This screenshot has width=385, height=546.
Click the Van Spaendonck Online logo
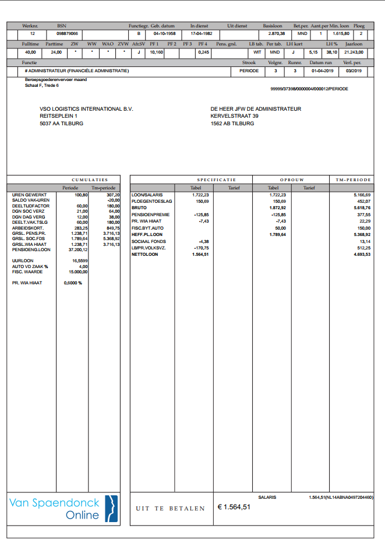pos(63,509)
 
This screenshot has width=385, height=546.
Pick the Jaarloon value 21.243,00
pos(354,52)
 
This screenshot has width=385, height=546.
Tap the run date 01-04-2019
pos(321,71)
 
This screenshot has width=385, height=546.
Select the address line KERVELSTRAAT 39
pos(235,116)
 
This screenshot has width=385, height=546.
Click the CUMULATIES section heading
pos(90,179)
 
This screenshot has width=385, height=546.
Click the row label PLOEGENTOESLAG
pos(151,201)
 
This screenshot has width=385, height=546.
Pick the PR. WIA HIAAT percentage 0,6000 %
pos(73,283)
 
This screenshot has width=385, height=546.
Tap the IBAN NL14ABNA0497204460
pos(350,497)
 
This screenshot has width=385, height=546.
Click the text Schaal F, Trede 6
pos(41,85)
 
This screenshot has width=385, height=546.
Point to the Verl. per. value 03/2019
pos(353,71)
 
